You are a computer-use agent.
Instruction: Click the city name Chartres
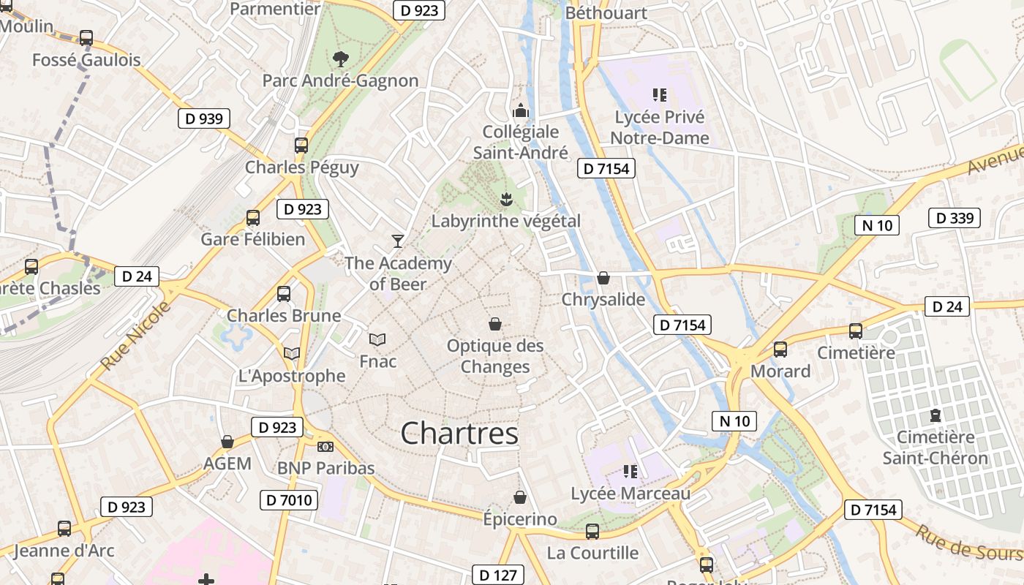pos(459,433)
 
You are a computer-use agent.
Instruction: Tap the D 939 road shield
pos(204,118)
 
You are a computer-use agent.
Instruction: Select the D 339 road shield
pos(954,218)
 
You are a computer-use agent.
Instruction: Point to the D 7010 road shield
pos(289,501)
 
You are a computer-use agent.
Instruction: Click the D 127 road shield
pos(498,575)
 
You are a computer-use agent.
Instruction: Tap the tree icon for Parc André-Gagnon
pos(340,59)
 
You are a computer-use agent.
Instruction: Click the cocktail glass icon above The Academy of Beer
pos(398,241)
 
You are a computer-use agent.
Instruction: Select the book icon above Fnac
pos(377,339)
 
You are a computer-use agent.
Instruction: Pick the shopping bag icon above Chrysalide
pos(603,278)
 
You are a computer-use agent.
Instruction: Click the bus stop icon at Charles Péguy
pos(301,145)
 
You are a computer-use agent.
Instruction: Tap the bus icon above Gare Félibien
pos(253,217)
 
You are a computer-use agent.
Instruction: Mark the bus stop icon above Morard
pos(780,350)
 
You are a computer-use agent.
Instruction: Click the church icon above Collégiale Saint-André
pos(521,110)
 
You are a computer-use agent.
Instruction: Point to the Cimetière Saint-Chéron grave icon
pos(935,415)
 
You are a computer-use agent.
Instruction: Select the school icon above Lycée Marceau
pos(630,472)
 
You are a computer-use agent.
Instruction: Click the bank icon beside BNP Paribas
pos(325,446)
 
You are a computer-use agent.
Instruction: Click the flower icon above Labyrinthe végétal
pos(505,198)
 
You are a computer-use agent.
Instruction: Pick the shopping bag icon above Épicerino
pos(520,497)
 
